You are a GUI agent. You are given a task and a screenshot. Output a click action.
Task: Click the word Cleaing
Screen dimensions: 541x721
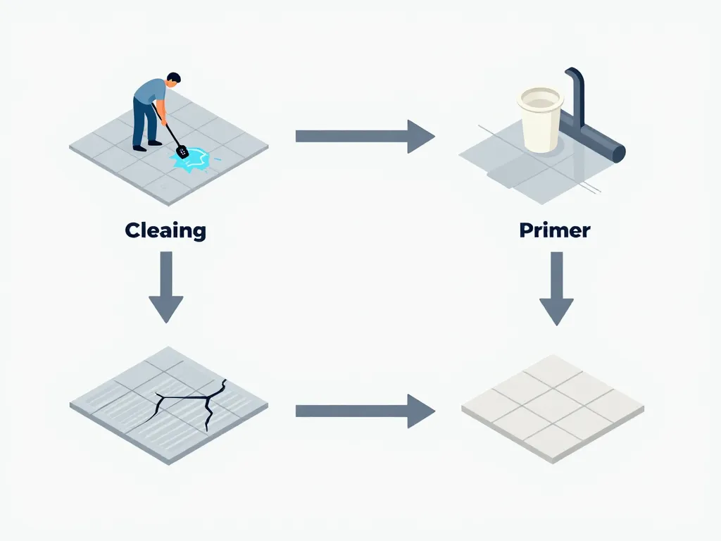pyautogui.click(x=165, y=230)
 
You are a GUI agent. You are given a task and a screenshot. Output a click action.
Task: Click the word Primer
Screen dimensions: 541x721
pyautogui.click(x=554, y=230)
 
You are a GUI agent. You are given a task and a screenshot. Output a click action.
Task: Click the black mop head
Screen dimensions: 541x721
pyautogui.click(x=182, y=150)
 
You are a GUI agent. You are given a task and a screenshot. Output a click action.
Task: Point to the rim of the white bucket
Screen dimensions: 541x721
pyautogui.click(x=540, y=96)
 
